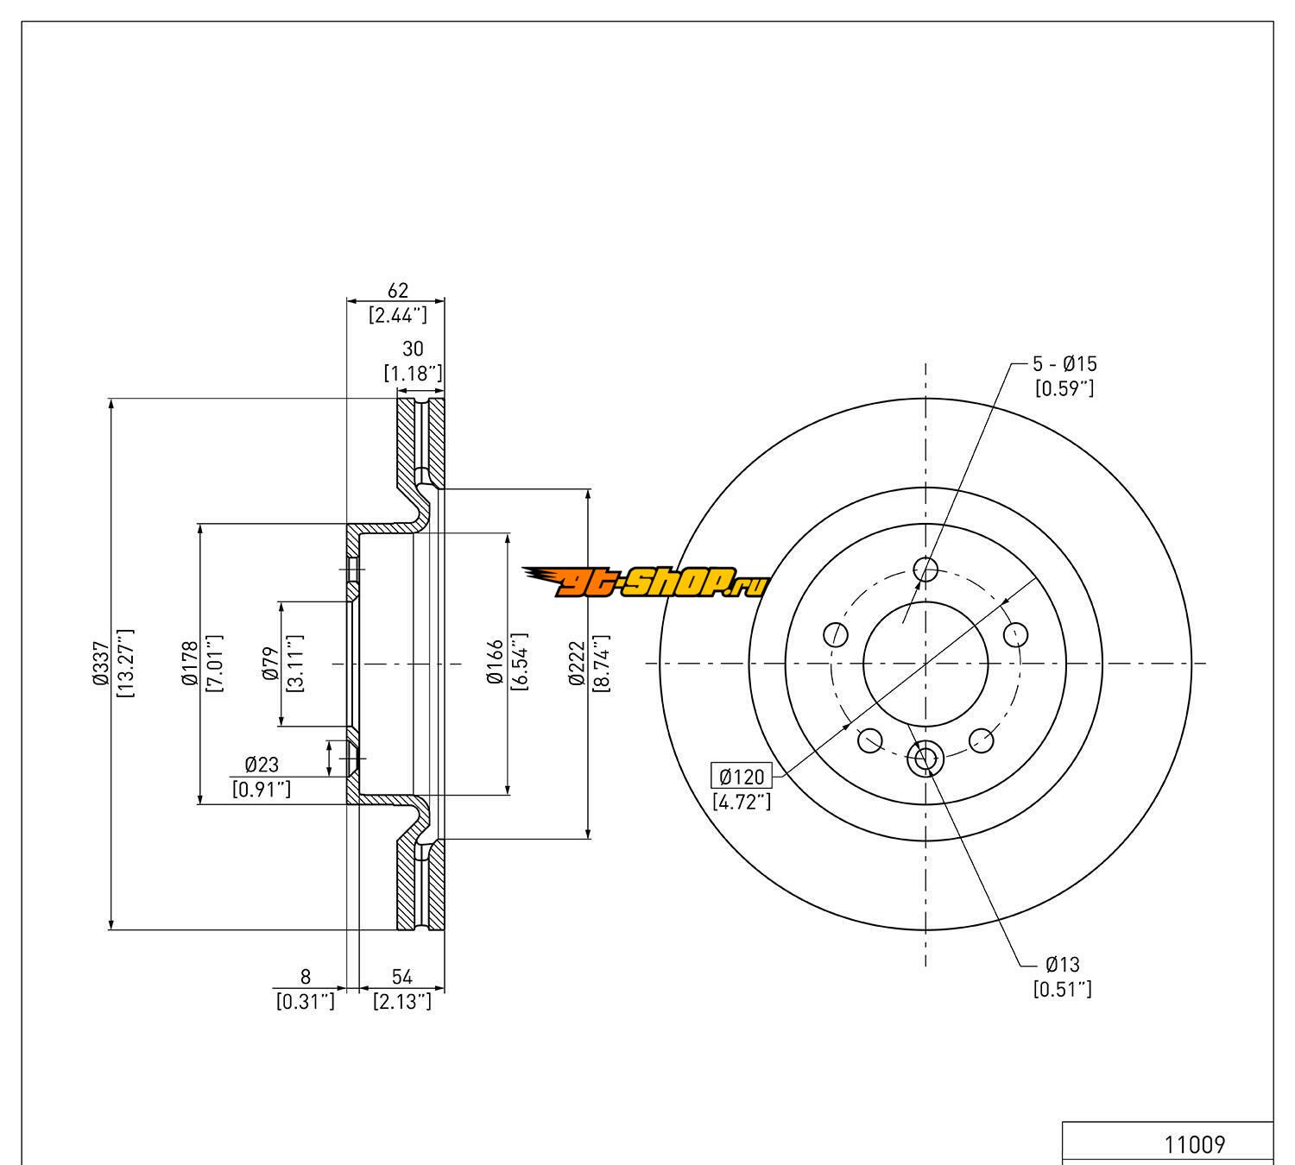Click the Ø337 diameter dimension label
101,664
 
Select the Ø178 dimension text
190,664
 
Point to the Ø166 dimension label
495,663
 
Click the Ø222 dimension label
577,663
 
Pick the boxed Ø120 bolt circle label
742,777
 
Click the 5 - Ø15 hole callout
1064,363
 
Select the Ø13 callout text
1062,965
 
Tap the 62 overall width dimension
397,291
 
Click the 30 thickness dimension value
414,349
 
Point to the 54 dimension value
402,977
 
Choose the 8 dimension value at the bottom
305,977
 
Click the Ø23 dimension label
262,764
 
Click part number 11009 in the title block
1195,1145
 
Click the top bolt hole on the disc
925,570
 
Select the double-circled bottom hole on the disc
925,759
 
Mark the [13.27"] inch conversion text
125,664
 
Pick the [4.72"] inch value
742,802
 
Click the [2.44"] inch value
397,314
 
